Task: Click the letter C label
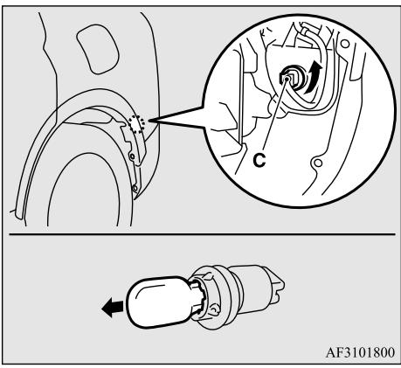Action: click(x=259, y=160)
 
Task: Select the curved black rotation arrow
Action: click(x=312, y=79)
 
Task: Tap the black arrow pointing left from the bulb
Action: click(x=112, y=308)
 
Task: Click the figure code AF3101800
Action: click(x=360, y=352)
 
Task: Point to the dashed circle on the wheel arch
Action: click(x=136, y=124)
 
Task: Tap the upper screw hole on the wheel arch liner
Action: click(x=133, y=156)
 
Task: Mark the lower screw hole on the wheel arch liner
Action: click(x=135, y=188)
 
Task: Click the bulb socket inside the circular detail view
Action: click(x=291, y=78)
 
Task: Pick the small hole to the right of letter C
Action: click(x=318, y=162)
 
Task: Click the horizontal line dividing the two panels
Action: click(x=202, y=234)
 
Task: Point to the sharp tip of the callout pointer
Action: click(x=149, y=120)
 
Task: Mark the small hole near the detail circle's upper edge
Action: click(x=345, y=44)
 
